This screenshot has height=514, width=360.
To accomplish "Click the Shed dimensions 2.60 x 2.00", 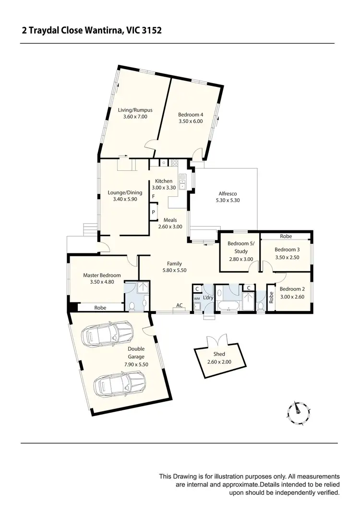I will pos(219,362).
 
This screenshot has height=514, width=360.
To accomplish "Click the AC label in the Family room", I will pos(180,305).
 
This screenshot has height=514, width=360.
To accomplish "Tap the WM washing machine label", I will pos(196,299).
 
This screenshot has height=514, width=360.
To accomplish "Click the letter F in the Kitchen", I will pos(153,197).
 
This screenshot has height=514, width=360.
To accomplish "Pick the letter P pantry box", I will pos(153,212).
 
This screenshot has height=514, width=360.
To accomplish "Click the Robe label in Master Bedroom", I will pos(100,308).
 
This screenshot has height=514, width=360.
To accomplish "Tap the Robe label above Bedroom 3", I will pos(286,236).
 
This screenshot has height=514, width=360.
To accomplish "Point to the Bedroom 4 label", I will pos(191,115).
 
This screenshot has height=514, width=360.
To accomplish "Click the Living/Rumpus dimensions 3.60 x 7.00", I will pos(135,117).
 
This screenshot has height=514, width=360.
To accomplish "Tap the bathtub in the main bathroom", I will pos(228,305).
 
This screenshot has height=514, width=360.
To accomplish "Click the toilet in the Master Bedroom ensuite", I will pos(132,306).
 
